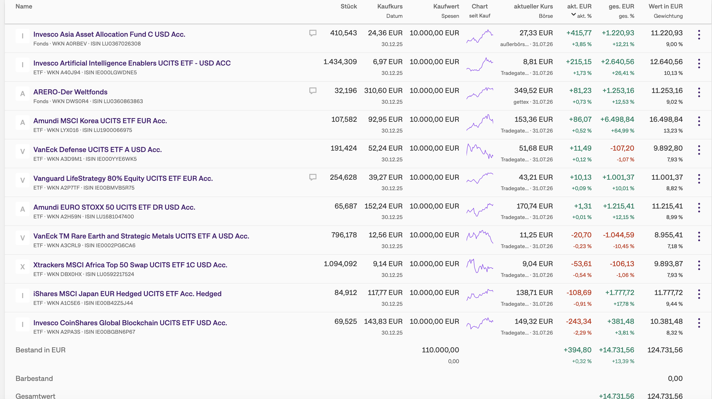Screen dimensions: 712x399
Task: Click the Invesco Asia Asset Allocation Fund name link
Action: pos(109,34)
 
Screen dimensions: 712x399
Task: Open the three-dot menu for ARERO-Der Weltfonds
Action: pos(699,92)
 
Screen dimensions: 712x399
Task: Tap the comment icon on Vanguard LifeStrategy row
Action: pos(313,177)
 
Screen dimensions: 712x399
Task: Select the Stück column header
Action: pos(349,6)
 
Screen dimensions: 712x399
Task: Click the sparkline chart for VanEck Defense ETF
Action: pos(480,151)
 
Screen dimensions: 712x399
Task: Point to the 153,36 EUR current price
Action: pos(534,120)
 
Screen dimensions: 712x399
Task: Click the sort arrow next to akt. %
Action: pos(573,14)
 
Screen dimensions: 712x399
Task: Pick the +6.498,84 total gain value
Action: pos(617,120)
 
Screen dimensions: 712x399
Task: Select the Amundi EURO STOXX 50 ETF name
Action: pos(114,207)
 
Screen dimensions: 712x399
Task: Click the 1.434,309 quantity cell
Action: pos(340,62)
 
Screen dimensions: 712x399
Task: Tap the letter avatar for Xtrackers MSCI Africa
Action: pos(23,267)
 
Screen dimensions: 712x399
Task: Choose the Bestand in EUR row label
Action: pos(40,350)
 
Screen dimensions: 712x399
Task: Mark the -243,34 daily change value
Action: pos(579,322)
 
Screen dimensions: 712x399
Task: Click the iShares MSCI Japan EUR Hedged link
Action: pos(127,294)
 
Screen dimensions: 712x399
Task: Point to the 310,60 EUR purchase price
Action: pos(383,91)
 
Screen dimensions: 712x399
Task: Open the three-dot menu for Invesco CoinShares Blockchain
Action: pos(699,323)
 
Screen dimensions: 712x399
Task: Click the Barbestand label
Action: pos(34,379)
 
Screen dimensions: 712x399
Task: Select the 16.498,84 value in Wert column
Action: pos(666,120)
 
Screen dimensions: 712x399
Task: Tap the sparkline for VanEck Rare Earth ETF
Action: pos(480,237)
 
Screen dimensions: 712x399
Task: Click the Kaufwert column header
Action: pos(446,6)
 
